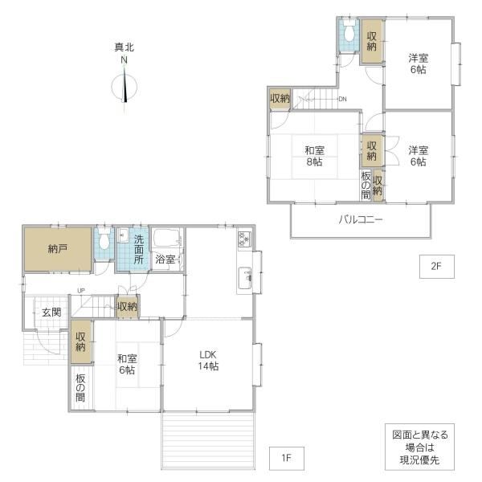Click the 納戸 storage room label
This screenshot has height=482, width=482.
[58, 249]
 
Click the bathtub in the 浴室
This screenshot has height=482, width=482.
[168, 238]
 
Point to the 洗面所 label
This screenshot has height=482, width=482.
[139, 250]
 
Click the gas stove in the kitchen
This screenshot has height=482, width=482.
[245, 239]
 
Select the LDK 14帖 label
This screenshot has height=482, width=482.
[208, 360]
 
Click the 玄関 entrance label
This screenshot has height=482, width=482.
[51, 312]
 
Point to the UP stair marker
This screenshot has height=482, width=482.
[81, 291]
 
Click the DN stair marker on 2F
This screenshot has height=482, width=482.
[342, 99]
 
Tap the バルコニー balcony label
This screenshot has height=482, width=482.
[361, 220]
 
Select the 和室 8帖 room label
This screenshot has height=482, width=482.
[314, 156]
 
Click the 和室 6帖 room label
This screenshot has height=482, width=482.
[127, 364]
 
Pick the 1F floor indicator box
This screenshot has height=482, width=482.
[287, 459]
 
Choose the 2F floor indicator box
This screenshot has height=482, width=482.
[437, 267]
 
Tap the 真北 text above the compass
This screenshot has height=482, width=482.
[125, 47]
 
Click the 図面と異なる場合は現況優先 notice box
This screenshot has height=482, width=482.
[419, 447]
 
